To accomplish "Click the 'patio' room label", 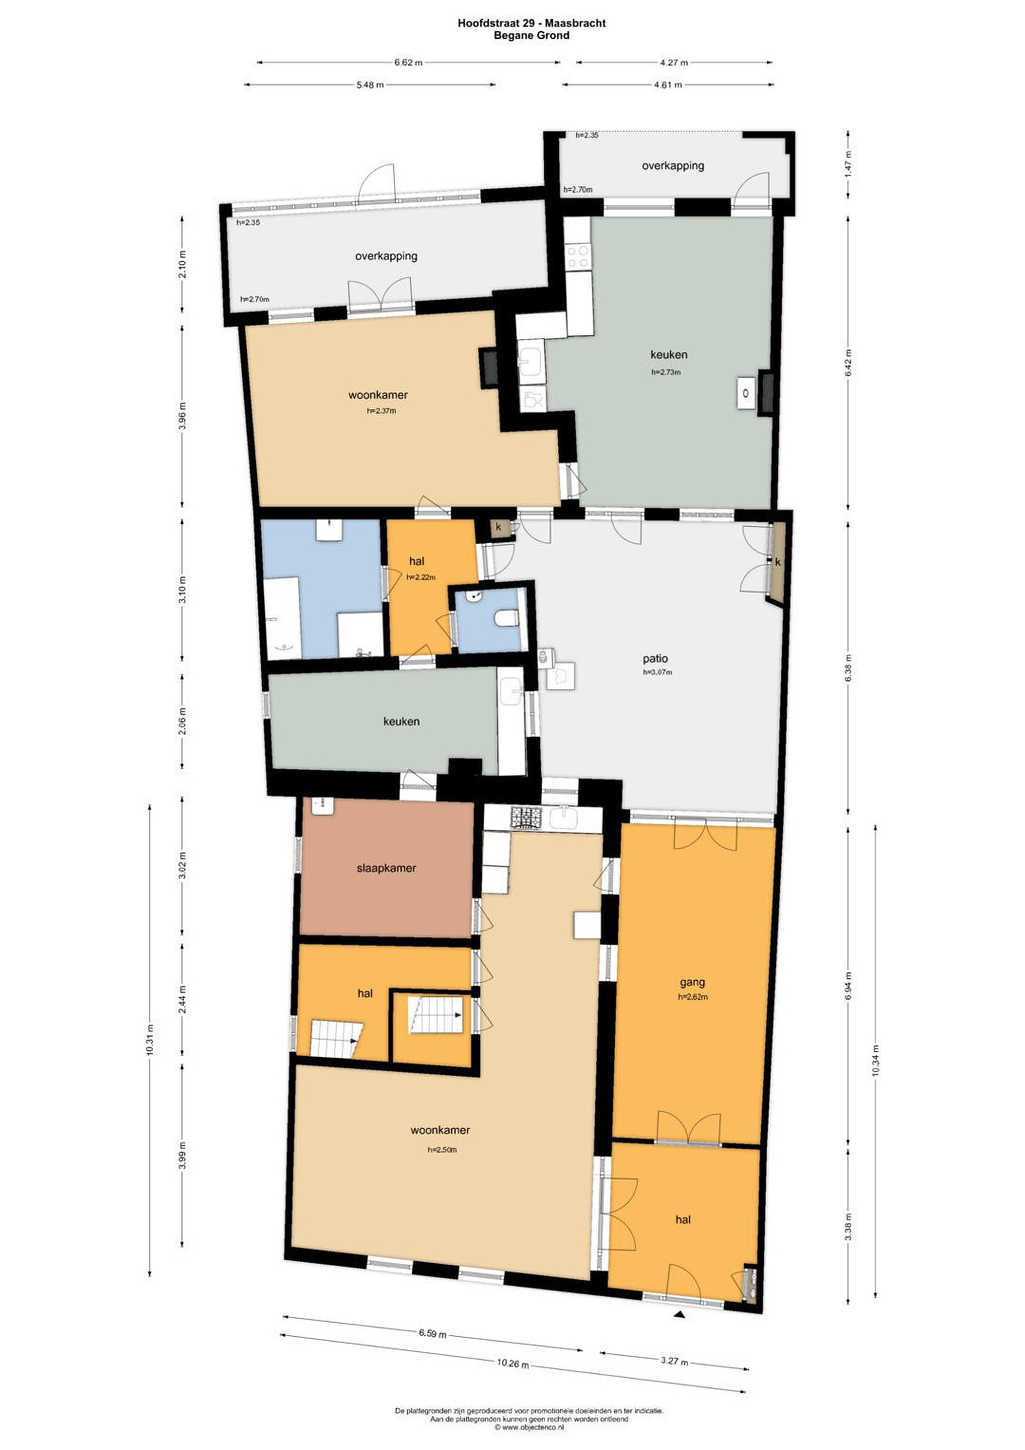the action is [x=655, y=659].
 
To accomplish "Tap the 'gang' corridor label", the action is [x=692, y=982].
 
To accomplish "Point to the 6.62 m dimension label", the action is [x=408, y=62].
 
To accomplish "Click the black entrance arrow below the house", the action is [x=680, y=1315].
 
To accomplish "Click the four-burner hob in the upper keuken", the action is [x=578, y=257].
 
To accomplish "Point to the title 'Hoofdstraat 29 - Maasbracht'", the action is [x=532, y=23].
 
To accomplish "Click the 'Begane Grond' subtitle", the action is [x=532, y=35].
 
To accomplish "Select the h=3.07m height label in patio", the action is [x=657, y=673].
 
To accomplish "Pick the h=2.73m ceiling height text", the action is [x=666, y=372].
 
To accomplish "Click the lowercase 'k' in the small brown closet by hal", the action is [x=498, y=527].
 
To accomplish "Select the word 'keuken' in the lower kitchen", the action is [x=402, y=721].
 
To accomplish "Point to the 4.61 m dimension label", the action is [x=668, y=85].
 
